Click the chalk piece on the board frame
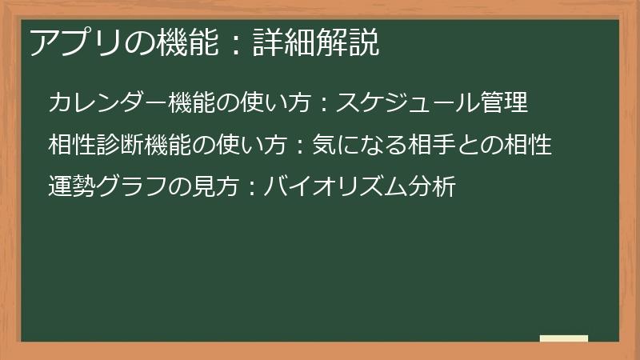pyautogui.click(x=563, y=339)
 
